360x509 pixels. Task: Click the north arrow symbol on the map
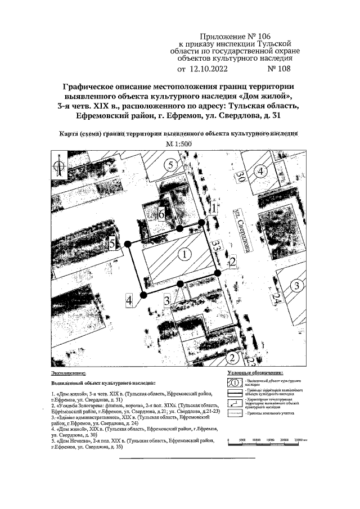pos(58,166)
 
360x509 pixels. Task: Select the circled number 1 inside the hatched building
pos(184,255)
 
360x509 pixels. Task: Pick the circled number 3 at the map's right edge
pos(296,286)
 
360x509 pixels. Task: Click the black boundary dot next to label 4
pos(144,294)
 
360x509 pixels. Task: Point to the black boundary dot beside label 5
pos(128,244)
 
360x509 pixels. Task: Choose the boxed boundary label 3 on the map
pos(167,300)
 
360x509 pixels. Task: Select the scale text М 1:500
pos(179,144)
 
